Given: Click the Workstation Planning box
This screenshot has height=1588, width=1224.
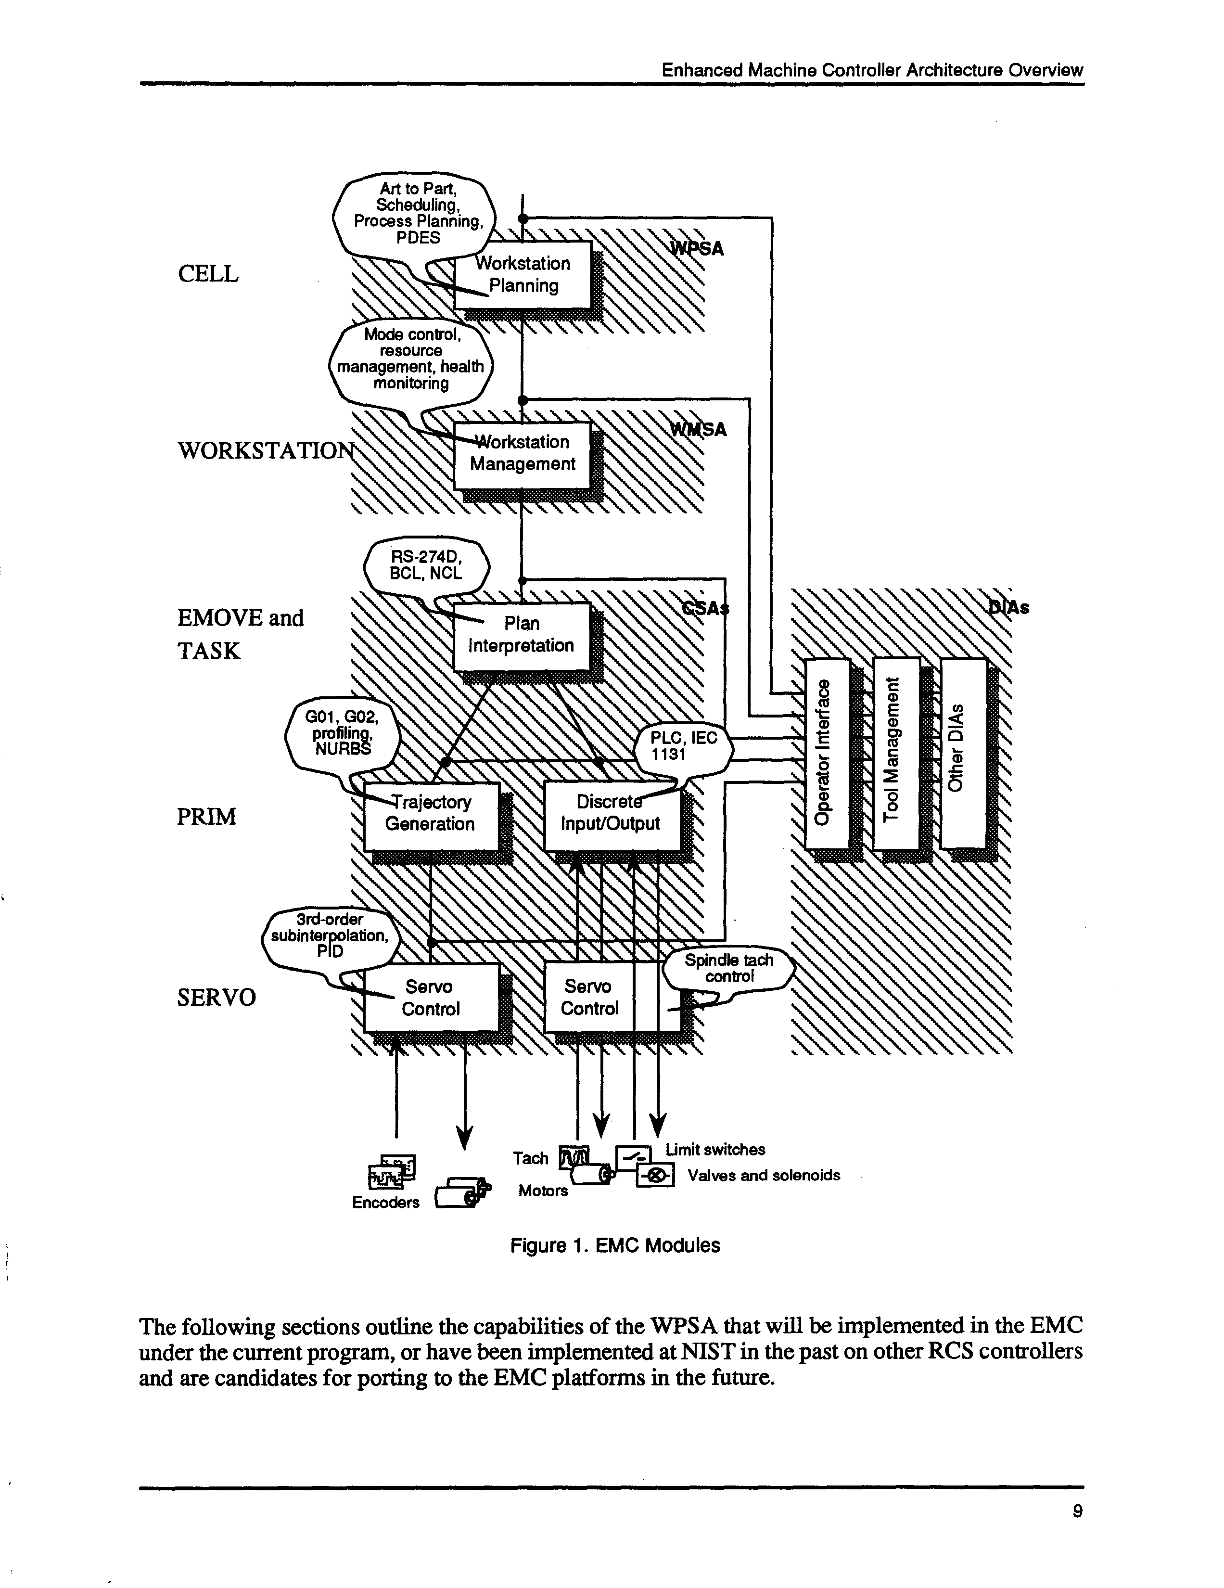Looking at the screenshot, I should pos(523,275).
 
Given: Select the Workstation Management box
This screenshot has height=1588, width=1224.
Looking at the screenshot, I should pos(522,454).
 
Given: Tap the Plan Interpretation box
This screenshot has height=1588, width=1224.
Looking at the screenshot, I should pos(521,635).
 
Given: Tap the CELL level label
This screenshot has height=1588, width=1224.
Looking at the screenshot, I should pos(208,274).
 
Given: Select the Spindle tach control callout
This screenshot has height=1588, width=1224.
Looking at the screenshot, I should pos(728,969).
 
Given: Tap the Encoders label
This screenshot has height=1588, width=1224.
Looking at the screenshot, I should pos(385,1203).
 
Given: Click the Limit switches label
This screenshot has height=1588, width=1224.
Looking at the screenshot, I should pos(715,1150).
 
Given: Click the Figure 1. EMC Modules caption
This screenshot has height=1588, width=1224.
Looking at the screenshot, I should pos(615,1245).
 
